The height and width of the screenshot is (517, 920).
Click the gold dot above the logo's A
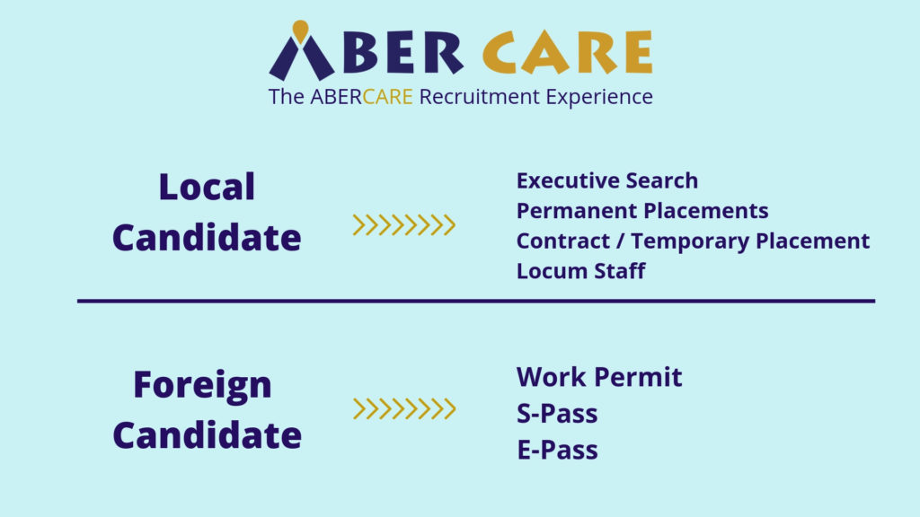coord(300,31)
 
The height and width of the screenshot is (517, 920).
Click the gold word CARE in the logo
coord(568,52)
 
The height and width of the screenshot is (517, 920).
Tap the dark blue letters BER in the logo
coord(403,52)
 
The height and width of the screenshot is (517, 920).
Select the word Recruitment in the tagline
coord(479,97)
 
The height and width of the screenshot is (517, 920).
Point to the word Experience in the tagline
coord(599,98)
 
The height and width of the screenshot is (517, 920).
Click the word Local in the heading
coord(207,187)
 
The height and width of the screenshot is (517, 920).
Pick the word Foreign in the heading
coord(202,386)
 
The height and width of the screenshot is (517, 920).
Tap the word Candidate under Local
coord(207,237)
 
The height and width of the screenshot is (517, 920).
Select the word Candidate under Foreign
coord(208,435)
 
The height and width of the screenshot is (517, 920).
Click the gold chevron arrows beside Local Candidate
coord(403,225)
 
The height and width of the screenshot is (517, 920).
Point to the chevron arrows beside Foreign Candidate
coord(403,408)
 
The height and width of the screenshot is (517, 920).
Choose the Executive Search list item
coord(607,180)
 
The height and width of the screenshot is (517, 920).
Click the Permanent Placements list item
coord(642,210)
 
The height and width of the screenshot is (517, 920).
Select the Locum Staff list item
coord(581,271)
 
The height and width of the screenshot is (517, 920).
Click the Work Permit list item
coord(599,377)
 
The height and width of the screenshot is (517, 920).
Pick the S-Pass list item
coord(557,413)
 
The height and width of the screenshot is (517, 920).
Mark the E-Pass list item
coord(557,451)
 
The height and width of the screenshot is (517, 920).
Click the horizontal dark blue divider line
coord(476,302)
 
